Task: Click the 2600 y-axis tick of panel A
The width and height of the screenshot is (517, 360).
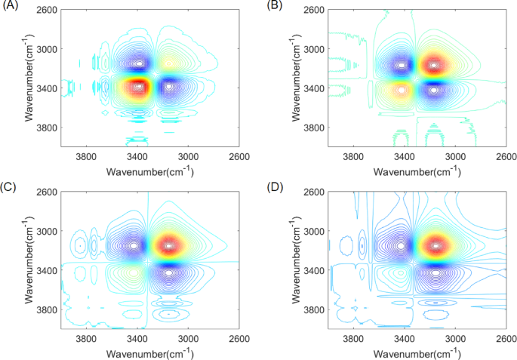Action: pos(44,10)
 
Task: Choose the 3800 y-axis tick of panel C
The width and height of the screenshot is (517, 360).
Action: pos(44,309)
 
